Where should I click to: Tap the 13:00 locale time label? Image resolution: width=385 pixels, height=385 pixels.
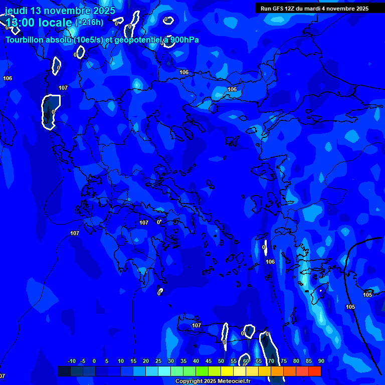(x=39, y=23)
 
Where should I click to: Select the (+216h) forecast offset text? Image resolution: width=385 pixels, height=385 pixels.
(x=89, y=22)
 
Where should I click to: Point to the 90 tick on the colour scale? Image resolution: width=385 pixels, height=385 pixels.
(x=321, y=361)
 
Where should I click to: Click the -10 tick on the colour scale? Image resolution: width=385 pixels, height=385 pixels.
(x=71, y=361)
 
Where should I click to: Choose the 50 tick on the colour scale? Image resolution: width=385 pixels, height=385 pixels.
(x=221, y=361)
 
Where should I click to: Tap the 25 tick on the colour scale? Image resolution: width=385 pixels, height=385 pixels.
(x=158, y=361)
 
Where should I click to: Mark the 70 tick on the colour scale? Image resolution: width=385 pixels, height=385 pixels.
(x=271, y=361)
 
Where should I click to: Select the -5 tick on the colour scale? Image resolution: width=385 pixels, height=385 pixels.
(x=83, y=361)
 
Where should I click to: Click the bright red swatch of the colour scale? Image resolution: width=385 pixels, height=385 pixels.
(x=315, y=371)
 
